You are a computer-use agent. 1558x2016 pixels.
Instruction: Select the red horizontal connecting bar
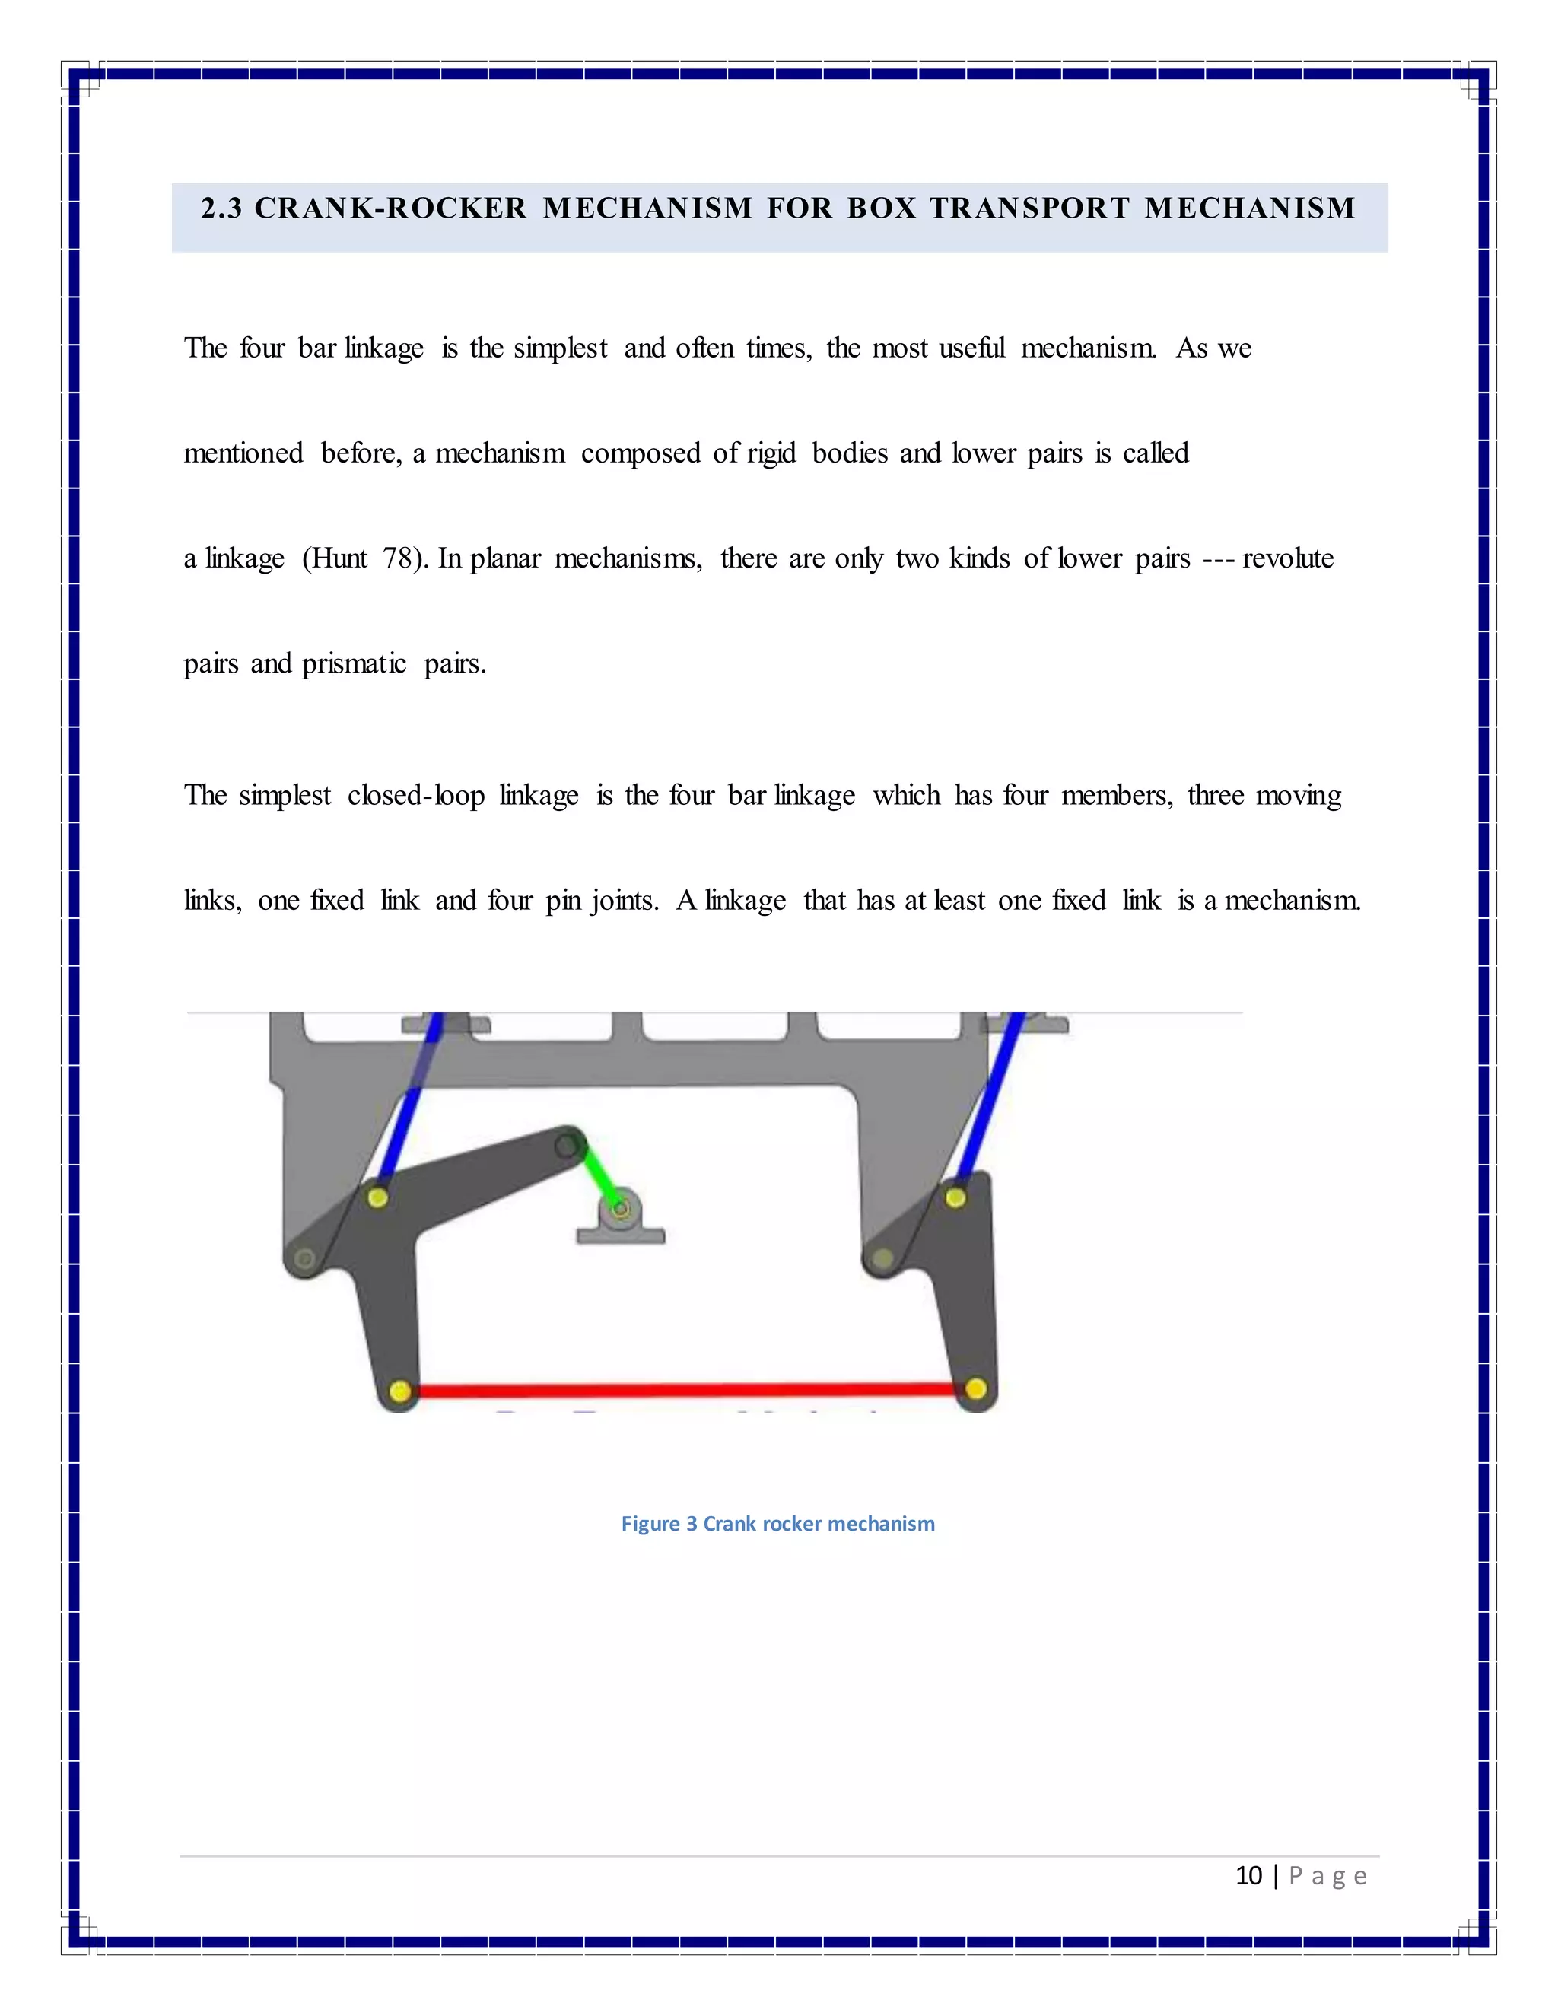(x=688, y=1389)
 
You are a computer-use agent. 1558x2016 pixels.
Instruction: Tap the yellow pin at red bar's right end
(x=975, y=1388)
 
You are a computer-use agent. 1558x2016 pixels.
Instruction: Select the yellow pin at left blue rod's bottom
(x=377, y=1197)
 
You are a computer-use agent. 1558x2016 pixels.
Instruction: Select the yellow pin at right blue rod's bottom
(x=955, y=1197)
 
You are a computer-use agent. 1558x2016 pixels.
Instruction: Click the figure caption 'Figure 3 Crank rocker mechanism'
(x=777, y=1523)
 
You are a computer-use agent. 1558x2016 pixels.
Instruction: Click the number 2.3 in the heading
(x=221, y=208)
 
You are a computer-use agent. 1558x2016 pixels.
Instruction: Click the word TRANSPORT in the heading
(x=1029, y=208)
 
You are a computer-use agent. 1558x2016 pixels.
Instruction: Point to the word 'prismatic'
(x=354, y=663)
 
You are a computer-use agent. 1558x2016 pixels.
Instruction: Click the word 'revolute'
(x=1288, y=558)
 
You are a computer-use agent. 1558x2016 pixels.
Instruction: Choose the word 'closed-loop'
(x=415, y=796)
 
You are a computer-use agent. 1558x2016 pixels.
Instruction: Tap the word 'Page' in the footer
(x=1327, y=1876)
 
